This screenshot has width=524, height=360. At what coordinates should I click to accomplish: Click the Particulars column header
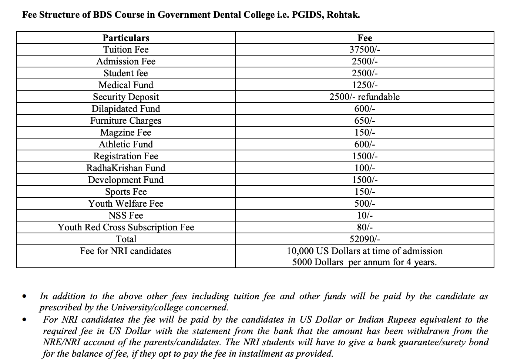tap(126, 38)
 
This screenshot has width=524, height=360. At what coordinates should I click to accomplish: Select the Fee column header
tap(365, 38)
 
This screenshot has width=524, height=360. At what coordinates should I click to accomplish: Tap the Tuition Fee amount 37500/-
tap(365, 50)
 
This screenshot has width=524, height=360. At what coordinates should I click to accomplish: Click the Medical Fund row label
tap(126, 85)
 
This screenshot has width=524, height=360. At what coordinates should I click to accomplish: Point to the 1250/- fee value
tap(365, 85)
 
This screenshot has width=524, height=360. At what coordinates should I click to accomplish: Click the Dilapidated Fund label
tap(126, 109)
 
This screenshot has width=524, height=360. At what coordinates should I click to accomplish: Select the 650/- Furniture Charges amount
tap(365, 121)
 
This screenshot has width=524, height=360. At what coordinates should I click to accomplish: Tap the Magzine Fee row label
tap(126, 133)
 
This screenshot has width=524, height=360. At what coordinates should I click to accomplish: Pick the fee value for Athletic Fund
tap(365, 144)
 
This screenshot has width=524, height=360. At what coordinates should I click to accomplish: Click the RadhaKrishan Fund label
tap(126, 168)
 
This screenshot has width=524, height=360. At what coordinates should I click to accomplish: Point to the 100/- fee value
tap(365, 168)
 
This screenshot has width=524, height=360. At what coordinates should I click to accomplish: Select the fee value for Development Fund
tap(365, 180)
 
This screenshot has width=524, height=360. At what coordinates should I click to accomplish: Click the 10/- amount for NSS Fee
tap(365, 216)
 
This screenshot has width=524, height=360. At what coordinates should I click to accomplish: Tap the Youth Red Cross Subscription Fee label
tap(126, 227)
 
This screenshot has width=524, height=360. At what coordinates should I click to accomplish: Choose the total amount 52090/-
tap(365, 239)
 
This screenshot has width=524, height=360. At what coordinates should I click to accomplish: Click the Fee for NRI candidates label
tap(126, 251)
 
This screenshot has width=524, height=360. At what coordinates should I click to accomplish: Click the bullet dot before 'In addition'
tap(24, 297)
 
